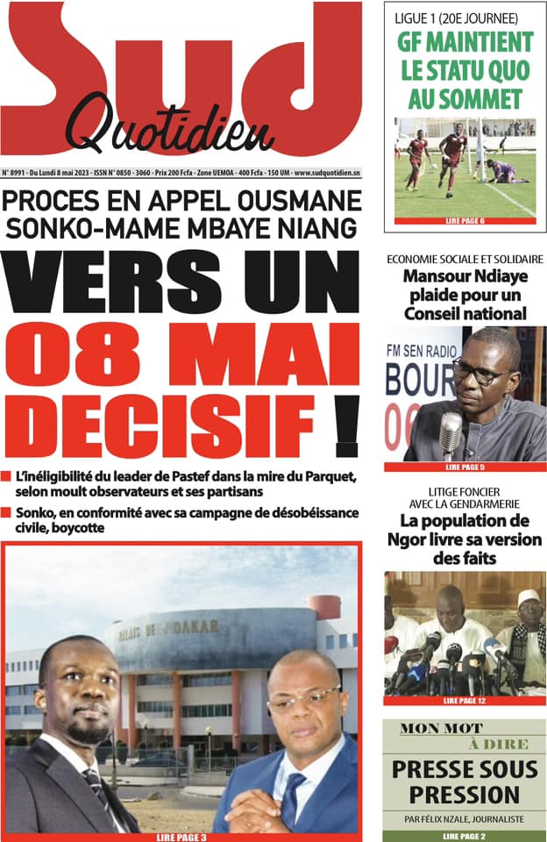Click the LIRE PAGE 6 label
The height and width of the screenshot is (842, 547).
(465, 221)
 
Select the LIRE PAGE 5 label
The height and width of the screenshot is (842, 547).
(465, 467)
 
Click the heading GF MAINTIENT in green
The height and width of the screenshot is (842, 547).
(465, 41)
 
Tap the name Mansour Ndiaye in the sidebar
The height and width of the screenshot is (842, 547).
(465, 279)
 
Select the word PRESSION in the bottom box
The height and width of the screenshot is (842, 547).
(465, 795)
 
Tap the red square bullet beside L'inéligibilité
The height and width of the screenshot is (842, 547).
(7, 477)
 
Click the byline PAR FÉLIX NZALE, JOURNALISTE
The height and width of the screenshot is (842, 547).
(465, 818)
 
